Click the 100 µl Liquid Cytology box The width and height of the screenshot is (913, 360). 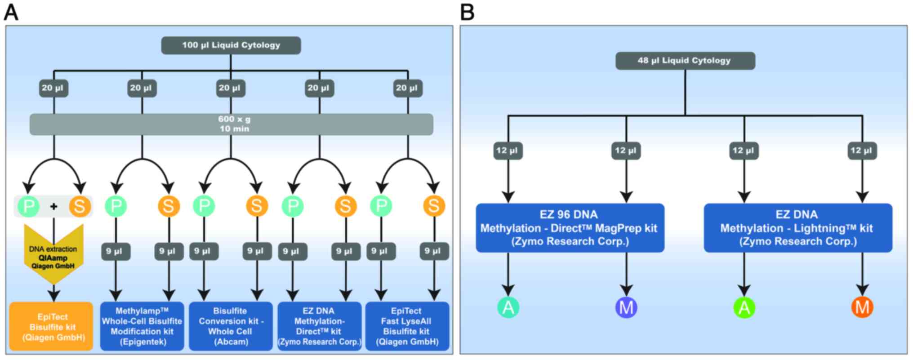pyautogui.click(x=231, y=45)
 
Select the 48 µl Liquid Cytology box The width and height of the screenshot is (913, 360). pyautogui.click(x=685, y=61)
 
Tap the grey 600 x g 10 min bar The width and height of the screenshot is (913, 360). pyautogui.click(x=231, y=124)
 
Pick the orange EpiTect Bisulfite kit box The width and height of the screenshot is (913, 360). pyautogui.click(x=51, y=327)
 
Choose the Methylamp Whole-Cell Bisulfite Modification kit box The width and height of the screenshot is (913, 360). pyautogui.click(x=142, y=326)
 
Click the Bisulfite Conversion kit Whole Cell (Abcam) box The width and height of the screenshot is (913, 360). pyautogui.click(x=231, y=326)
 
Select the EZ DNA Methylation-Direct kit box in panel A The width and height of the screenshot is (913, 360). pyautogui.click(x=319, y=326)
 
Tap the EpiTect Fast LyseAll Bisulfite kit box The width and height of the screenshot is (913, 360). pyautogui.click(x=407, y=326)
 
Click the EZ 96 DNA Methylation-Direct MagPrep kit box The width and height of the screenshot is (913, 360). pyautogui.click(x=570, y=228)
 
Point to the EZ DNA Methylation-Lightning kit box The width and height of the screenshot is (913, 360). pyautogui.click(x=797, y=228)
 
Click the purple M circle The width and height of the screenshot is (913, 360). pyautogui.click(x=626, y=307)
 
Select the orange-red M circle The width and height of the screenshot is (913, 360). pyautogui.click(x=862, y=307)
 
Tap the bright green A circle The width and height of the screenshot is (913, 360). pyautogui.click(x=744, y=307)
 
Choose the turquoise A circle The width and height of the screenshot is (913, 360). pyautogui.click(x=508, y=307)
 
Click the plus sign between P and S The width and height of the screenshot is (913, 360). pyautogui.click(x=54, y=206)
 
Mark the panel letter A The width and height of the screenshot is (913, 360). pyautogui.click(x=11, y=12)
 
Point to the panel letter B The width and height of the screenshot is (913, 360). pyautogui.click(x=467, y=12)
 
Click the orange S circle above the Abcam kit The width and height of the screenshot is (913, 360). pyautogui.click(x=257, y=206)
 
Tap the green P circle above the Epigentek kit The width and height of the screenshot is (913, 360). pyautogui.click(x=116, y=206)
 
